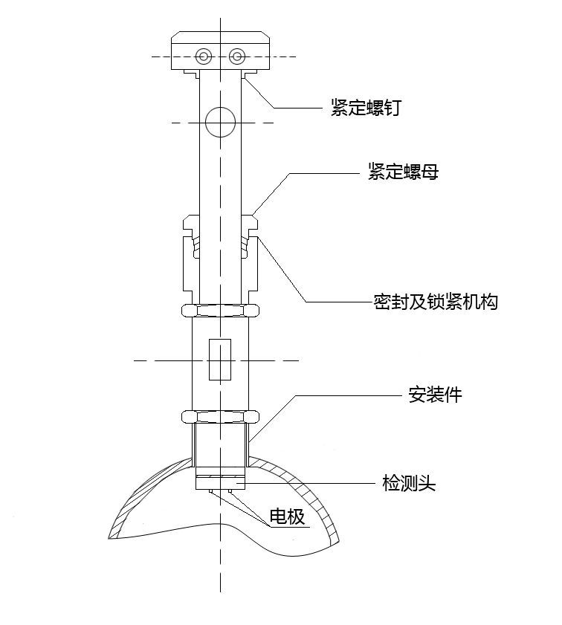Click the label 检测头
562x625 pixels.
408,484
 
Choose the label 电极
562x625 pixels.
287,516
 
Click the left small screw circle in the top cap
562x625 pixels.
204,56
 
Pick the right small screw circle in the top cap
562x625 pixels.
237,56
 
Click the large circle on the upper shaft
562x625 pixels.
221,122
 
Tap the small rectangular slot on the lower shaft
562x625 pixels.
221,360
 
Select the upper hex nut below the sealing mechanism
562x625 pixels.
221,310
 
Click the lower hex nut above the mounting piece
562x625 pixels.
221,417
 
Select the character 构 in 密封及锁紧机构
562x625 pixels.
488,302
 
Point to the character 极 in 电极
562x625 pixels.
296,516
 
